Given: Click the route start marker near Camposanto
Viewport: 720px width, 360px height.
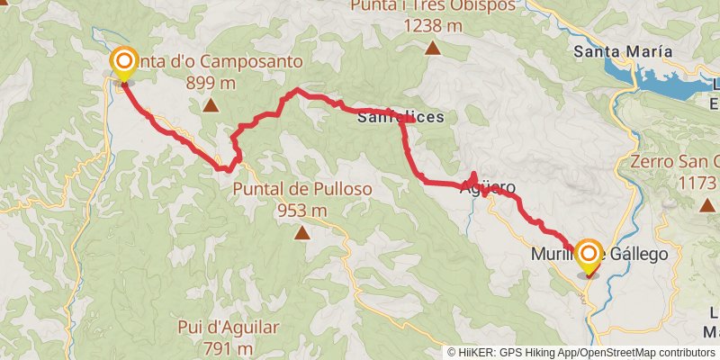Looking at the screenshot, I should (x=123, y=63).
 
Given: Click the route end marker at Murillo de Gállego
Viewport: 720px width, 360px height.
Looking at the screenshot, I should (x=589, y=255).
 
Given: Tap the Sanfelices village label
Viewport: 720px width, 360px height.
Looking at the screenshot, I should (x=400, y=117).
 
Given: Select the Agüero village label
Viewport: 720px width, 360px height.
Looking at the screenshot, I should (x=488, y=189).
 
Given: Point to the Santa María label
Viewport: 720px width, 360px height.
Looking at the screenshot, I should (x=618, y=51).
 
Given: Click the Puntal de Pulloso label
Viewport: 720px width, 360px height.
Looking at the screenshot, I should (x=301, y=190).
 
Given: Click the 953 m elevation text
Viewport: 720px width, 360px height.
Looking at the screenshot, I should (x=301, y=211).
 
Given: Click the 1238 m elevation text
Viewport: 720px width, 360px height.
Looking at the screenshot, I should (x=433, y=26).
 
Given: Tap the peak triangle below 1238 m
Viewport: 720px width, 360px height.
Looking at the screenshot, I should (x=433, y=48).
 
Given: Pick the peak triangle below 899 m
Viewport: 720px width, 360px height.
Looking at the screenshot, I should (x=210, y=106).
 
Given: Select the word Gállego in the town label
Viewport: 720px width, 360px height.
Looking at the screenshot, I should (x=639, y=255).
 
